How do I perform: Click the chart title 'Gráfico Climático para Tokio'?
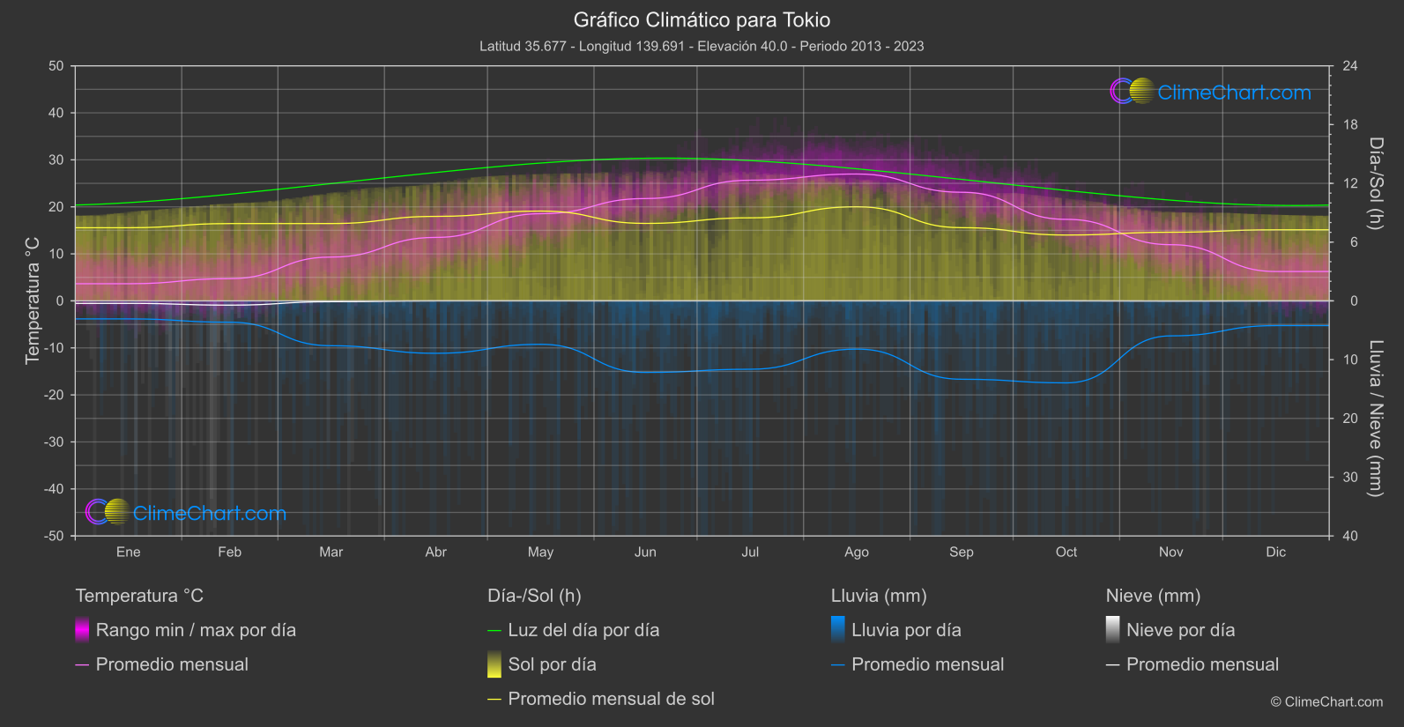click(702, 19)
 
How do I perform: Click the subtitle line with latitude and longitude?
click(702, 46)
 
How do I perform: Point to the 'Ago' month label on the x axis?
click(856, 552)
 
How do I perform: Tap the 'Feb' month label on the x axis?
click(229, 552)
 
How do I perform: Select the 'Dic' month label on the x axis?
click(1275, 552)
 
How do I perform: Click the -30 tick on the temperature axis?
click(55, 442)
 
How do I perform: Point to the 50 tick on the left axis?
click(56, 66)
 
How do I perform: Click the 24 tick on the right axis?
click(1349, 66)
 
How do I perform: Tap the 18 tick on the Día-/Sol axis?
click(1349, 125)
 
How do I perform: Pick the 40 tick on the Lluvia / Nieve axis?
click(1349, 536)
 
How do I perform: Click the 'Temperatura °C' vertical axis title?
click(33, 300)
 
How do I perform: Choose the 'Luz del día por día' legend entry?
click(583, 630)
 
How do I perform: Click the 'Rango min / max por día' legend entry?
click(196, 630)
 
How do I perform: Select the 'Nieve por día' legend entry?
click(1180, 630)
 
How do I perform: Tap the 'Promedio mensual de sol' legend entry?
click(611, 699)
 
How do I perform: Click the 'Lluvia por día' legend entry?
click(906, 630)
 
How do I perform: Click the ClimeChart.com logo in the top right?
click(1211, 92)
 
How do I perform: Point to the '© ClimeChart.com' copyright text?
click(1326, 702)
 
